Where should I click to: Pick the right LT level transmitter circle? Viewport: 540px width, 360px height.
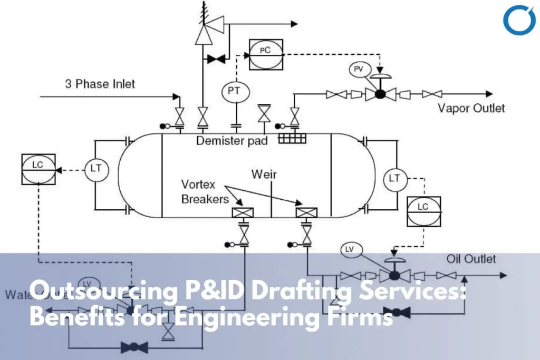tap(395, 178)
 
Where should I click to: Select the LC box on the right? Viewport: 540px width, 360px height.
tap(423, 211)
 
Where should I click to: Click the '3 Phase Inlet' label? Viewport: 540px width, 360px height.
tap(100, 83)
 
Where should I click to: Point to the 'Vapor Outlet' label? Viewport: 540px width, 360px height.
tap(471, 109)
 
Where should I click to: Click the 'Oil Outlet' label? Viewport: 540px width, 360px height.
tap(471, 259)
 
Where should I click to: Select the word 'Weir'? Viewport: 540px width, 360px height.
tap(264, 174)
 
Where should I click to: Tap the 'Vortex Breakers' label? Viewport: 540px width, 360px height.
tap(205, 192)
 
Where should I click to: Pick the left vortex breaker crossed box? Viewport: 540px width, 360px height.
tap(243, 213)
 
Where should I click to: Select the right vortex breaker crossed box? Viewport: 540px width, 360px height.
tap(306, 213)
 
